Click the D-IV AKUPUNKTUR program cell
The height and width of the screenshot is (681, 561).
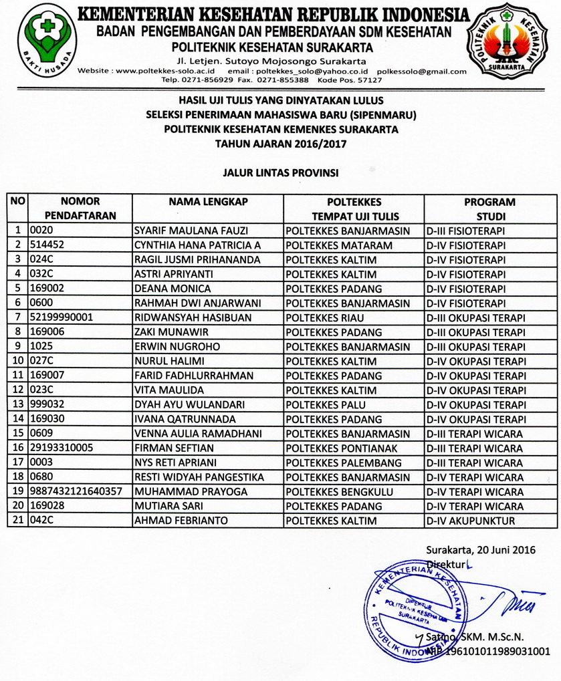[x=468, y=521]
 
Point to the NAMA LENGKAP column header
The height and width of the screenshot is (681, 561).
[x=208, y=202]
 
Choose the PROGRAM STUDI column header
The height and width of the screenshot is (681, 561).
[x=489, y=209]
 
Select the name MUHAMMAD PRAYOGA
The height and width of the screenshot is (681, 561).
[x=182, y=491]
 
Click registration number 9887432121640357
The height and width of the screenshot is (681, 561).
[x=75, y=491]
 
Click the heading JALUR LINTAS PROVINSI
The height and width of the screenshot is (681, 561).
[x=280, y=172]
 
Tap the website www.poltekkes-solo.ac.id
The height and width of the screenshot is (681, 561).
[x=163, y=71]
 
